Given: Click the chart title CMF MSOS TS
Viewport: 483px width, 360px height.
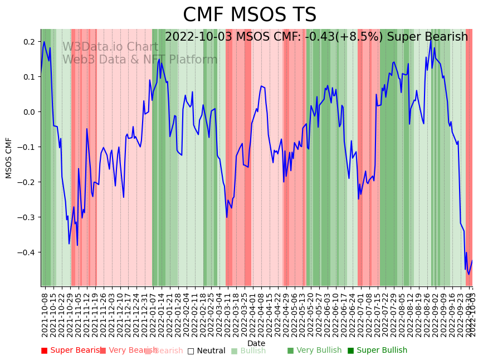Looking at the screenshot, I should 250,15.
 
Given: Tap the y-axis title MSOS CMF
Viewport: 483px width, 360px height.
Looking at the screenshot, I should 9,158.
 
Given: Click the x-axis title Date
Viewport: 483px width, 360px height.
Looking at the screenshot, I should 256,343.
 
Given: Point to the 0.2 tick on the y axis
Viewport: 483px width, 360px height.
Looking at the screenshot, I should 28,42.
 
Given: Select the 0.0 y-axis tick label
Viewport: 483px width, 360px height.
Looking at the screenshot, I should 28,112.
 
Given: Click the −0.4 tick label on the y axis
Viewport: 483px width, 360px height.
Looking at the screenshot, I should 26,252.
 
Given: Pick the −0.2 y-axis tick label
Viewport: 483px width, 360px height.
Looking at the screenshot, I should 26,182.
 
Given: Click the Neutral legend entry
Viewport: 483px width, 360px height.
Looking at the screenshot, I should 207,351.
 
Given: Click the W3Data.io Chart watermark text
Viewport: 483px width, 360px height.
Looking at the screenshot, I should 110,47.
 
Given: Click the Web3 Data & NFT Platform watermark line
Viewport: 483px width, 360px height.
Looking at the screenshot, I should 140,60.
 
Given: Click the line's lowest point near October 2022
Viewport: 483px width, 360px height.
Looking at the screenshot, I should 469,274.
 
